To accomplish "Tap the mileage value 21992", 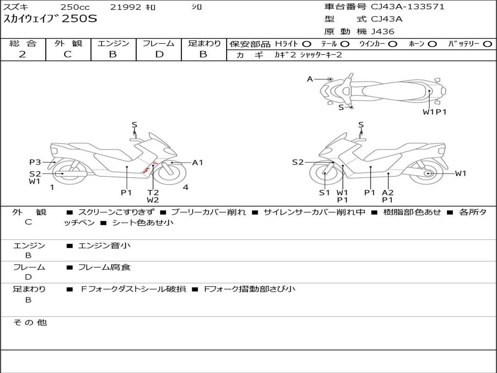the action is tap(125, 7).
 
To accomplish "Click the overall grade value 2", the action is tap(22, 54).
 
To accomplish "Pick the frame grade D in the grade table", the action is tap(159, 54).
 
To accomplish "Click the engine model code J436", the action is tap(382, 32).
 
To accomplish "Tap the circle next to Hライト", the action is tap(307, 44).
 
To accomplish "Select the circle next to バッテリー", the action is tap(487, 44).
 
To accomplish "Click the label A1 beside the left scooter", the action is tap(198, 163).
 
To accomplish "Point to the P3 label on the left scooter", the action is tap(34, 162).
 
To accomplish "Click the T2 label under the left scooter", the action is tap(153, 192).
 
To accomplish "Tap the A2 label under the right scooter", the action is tap(388, 192).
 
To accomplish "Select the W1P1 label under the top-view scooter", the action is tap(434, 112).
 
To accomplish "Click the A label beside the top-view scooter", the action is tap(310, 79).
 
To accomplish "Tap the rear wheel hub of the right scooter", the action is tap(428, 173).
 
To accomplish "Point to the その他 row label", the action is tap(30, 322).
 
